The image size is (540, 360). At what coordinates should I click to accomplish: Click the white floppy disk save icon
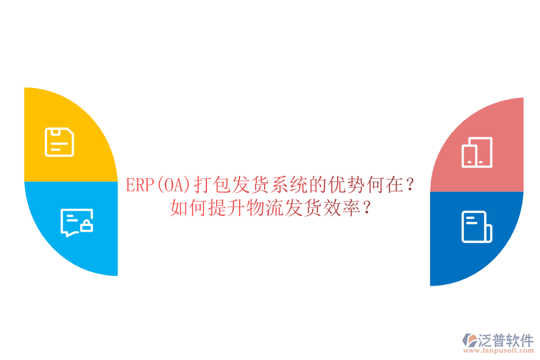click(59, 142)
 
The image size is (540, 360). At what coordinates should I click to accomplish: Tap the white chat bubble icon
click(75, 222)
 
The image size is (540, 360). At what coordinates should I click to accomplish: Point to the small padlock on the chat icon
click(87, 226)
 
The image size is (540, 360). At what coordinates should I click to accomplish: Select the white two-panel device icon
click(477, 152)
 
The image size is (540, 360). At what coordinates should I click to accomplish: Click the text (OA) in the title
click(173, 185)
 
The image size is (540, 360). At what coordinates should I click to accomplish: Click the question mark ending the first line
click(410, 185)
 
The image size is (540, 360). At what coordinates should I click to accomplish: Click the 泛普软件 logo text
click(505, 340)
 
